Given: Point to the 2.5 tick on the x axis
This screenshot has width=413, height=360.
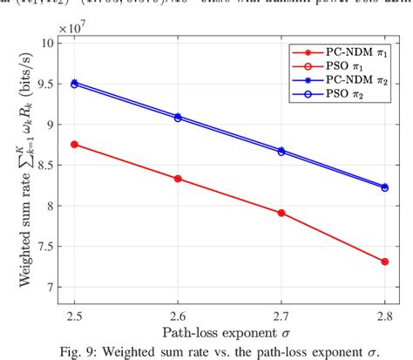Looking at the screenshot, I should (x=75, y=309).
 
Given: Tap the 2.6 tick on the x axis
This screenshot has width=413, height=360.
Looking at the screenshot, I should (x=178, y=309).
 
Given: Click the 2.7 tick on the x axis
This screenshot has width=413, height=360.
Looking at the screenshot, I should (x=281, y=309).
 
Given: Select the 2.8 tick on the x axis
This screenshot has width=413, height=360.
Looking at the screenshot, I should (x=384, y=309).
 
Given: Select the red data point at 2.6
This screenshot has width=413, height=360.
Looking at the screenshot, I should (x=178, y=179).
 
